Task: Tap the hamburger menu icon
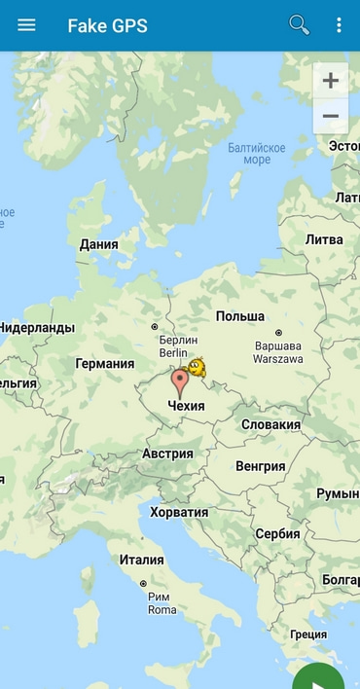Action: [x=26, y=25]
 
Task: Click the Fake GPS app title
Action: [x=107, y=26]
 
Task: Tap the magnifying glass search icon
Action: [x=299, y=25]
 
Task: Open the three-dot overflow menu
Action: [x=339, y=25]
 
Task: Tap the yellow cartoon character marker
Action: [x=197, y=368]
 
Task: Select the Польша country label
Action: [x=240, y=316]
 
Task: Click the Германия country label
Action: [x=105, y=363]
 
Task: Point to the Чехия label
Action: [x=187, y=405]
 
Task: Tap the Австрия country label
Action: [x=167, y=453]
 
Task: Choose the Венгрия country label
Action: [x=261, y=466]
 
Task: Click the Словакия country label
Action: [x=270, y=424]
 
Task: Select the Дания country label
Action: [x=99, y=244]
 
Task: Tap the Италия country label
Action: [x=142, y=560]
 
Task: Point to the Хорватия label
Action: [x=179, y=512]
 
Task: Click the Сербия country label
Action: [x=277, y=533]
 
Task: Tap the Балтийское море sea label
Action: [x=257, y=154]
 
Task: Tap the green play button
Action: [x=319, y=679]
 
